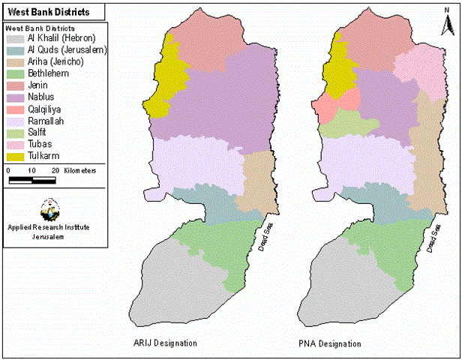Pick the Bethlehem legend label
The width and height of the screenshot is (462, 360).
point(47,73)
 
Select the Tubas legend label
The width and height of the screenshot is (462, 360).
point(40,144)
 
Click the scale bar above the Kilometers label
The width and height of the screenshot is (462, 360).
point(31,180)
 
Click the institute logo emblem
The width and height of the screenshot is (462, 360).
point(49,206)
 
